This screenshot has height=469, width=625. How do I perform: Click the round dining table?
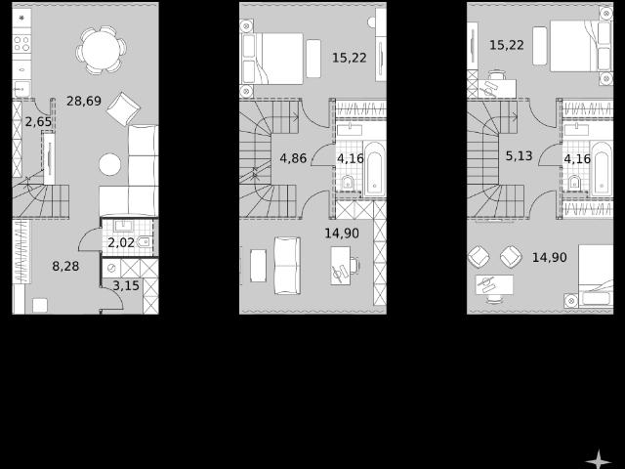(101, 50)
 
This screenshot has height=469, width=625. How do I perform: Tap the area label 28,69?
(84, 101)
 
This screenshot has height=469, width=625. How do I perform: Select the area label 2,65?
(38, 121)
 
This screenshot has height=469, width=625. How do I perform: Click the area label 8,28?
(65, 266)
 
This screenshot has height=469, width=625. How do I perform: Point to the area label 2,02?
(121, 242)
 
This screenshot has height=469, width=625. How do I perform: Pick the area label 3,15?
(126, 285)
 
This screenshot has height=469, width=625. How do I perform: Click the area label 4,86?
(293, 158)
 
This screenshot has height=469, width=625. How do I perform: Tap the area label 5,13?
(519, 155)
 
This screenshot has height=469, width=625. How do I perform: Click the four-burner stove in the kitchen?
(21, 43)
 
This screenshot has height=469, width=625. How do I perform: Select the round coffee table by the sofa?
(109, 164)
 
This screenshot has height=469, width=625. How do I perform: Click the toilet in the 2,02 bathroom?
(144, 241)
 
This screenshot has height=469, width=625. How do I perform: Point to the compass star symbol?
(599, 459)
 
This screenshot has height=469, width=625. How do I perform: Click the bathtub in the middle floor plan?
(374, 169)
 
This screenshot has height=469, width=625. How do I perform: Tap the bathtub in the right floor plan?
(602, 169)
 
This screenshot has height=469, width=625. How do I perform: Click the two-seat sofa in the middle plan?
(287, 266)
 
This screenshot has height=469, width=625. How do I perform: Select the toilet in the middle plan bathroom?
(348, 183)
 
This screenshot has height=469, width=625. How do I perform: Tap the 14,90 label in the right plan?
(549, 257)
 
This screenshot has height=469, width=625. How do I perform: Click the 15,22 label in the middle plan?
(350, 58)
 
